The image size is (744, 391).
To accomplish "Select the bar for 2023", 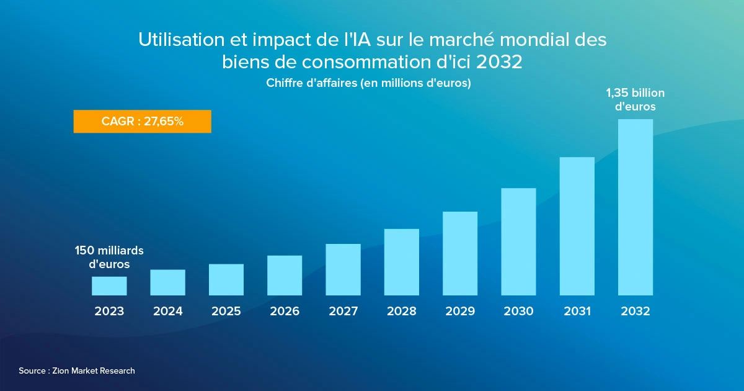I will coord(109,285).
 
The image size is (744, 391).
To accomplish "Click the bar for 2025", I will coord(226,279).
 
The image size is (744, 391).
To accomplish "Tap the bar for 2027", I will coord(343,269).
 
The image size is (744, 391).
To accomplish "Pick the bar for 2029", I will coord(460,253).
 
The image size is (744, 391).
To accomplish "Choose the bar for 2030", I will coord(518,241).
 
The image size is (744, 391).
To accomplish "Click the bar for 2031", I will coord(577,226).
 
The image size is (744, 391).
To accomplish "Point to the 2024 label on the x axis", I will coord(168,312).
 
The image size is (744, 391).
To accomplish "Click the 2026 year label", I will coord(285,312).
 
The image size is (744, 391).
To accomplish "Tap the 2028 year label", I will coord(402,312).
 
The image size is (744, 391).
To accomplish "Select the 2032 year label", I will coord(635,312).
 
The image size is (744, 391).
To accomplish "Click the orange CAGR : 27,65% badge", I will coord(143,122).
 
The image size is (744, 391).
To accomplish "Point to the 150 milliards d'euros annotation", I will coord(109,257).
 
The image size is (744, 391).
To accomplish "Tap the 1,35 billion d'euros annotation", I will coord(635,100).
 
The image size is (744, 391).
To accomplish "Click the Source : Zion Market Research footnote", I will coord(77,371).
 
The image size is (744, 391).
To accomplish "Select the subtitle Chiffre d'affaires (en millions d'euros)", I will coord(368,83).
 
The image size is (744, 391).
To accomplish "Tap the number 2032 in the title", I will coord(499,62).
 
